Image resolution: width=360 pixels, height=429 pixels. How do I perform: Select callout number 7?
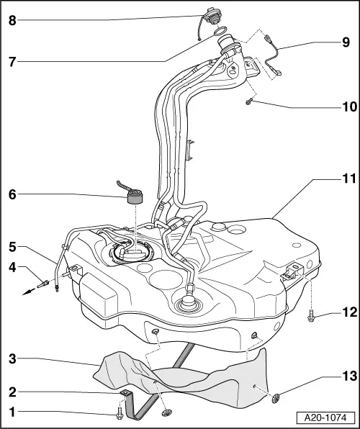10,63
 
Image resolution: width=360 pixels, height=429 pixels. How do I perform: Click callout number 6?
10,194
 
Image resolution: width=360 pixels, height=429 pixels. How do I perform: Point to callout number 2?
10,392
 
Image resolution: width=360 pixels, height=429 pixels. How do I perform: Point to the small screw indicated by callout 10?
248,103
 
